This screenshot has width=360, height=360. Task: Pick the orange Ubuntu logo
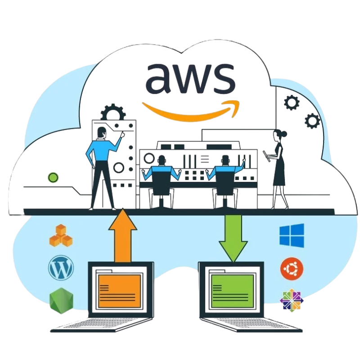(x=292, y=269)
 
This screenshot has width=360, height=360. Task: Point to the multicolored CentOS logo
(x=292, y=299)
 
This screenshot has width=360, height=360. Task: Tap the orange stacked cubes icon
(x=61, y=235)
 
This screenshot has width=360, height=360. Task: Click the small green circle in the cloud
(x=53, y=177)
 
